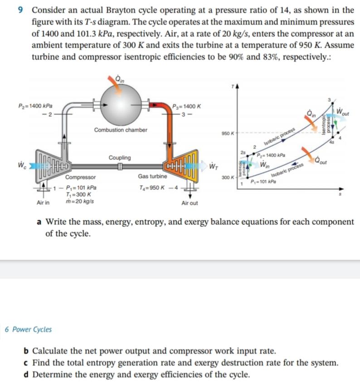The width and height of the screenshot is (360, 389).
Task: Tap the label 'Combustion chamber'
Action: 121,130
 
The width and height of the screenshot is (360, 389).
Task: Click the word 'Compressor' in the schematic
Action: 81,177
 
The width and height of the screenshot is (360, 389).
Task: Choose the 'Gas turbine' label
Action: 153,176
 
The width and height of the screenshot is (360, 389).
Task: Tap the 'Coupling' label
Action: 120,158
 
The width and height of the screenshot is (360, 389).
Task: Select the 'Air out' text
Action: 189,203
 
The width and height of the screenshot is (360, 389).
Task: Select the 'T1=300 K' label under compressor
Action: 78,194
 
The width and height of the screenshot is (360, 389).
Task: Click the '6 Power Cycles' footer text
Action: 28,330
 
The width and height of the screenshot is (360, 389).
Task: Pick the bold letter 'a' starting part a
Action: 39,222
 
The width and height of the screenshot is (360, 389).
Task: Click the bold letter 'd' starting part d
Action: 26,374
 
